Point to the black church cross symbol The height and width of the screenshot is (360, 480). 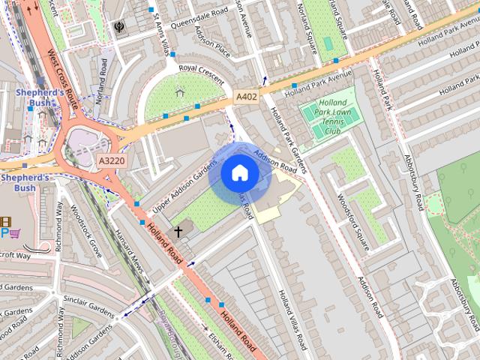pos(178,232)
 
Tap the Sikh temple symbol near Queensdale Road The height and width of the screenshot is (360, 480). pos(119,28)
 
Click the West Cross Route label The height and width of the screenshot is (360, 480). pos(61,77)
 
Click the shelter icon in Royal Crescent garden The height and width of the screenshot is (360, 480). pos(179,93)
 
